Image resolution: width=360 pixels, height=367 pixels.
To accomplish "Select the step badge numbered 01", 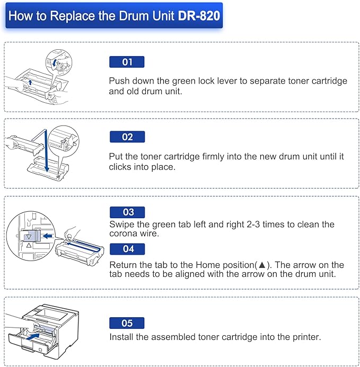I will point(127,62).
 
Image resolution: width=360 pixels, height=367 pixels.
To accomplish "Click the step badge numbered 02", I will point(127,137).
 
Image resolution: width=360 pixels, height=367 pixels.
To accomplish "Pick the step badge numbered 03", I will point(128,212).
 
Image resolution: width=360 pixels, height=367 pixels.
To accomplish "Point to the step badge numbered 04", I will point(128,248).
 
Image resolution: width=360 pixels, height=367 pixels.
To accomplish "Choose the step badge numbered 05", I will point(127,323).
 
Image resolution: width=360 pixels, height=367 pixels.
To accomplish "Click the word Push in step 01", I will point(119,81).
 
